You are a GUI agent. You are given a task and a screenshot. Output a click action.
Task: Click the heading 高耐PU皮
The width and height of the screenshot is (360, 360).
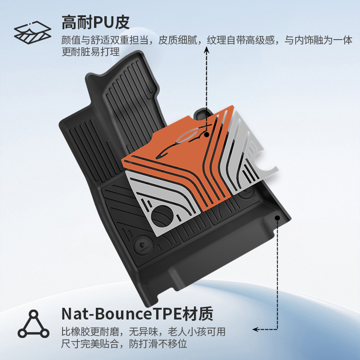pyautogui.click(x=97, y=22)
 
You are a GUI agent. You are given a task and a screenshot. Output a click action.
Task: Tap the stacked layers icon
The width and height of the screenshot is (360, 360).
pyautogui.click(x=31, y=32)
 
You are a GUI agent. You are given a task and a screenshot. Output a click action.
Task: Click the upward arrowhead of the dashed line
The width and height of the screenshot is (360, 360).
pyautogui.click(x=207, y=48)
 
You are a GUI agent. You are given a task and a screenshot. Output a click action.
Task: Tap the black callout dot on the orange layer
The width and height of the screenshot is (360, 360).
pyautogui.click(x=207, y=134)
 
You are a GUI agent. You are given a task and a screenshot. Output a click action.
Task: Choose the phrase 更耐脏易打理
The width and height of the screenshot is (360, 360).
pyautogui.click(x=90, y=52)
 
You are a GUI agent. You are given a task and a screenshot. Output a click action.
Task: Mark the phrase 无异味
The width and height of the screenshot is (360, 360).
pyautogui.click(x=141, y=333)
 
